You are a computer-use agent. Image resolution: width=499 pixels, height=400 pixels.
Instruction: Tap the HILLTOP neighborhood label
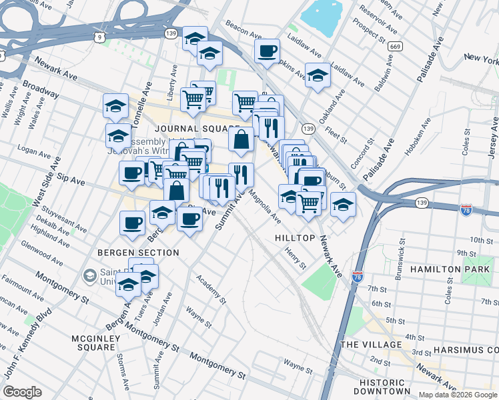tap(295, 238)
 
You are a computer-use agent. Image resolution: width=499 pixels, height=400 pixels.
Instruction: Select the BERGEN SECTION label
tap(138, 253)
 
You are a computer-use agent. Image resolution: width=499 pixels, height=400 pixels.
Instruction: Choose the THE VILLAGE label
tap(371, 345)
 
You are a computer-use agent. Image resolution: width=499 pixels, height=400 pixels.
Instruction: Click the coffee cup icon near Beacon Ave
tap(267, 51)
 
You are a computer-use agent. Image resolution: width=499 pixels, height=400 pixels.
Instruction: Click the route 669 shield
tap(396, 46)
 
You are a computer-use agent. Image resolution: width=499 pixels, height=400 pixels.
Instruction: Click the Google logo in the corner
tap(22, 392)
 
